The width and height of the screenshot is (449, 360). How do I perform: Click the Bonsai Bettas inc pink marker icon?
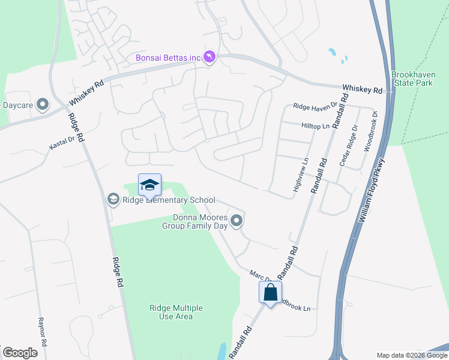(209, 57)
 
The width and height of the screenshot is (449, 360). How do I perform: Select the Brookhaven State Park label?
(412, 79)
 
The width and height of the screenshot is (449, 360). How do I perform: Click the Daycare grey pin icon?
(43, 105)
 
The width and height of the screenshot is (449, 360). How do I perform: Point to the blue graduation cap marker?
(149, 185)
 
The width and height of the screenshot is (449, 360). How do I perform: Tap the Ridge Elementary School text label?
(169, 200)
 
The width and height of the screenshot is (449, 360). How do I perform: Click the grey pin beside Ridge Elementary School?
(113, 199)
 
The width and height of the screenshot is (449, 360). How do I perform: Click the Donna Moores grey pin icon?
(237, 221)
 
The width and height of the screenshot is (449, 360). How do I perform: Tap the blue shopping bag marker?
(270, 293)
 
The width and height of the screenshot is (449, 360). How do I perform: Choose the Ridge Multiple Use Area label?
(176, 312)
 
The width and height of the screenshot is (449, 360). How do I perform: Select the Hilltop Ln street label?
(315, 126)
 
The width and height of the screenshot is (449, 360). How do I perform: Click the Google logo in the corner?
(20, 353)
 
